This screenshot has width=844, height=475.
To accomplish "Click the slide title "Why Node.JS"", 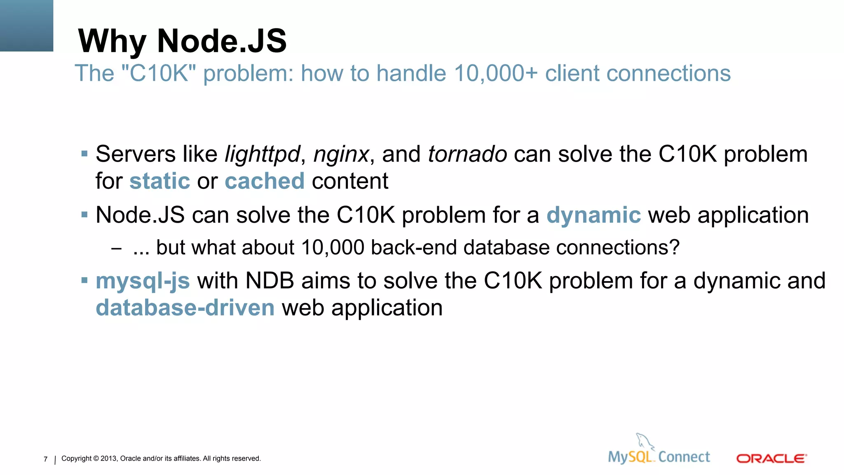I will click(182, 41).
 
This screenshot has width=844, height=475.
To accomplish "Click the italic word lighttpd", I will click(262, 155).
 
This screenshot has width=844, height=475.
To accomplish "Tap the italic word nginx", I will click(341, 155).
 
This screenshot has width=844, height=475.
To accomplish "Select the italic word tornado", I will click(467, 155).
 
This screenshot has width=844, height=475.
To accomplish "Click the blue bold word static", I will click(159, 181).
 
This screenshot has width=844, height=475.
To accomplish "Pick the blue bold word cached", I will click(265, 181).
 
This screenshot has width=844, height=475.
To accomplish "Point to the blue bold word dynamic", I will click(593, 215).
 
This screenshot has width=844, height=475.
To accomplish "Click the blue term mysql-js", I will click(143, 281).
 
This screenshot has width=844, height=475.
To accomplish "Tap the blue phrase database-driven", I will click(185, 308).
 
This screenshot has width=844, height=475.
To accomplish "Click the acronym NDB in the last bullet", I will click(270, 281).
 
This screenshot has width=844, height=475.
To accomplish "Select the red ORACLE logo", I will click(771, 459).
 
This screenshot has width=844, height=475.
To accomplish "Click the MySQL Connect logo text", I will click(659, 457).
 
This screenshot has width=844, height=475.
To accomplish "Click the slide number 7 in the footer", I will click(45, 459).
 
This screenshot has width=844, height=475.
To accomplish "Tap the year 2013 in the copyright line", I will click(109, 459).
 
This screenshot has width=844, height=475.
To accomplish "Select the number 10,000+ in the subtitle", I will click(496, 73).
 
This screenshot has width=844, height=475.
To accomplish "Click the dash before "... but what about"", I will click(116, 248).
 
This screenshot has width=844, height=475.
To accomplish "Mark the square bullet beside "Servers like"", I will click(84, 154).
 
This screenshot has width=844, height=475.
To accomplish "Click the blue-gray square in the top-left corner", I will click(26, 26).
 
